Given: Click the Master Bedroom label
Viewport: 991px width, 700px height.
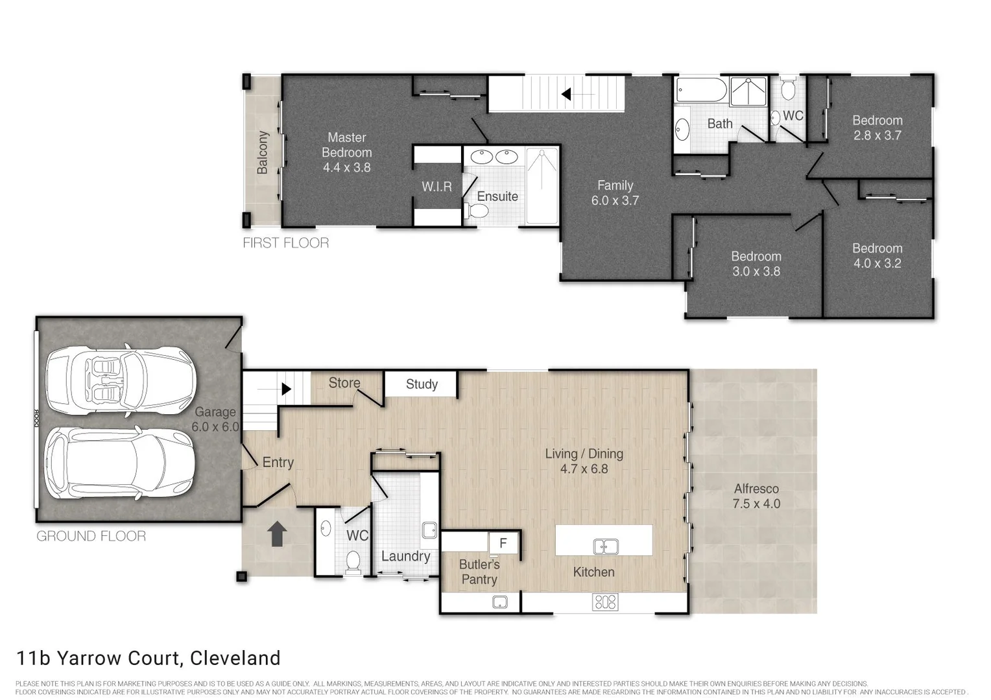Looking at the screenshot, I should [x=346, y=152].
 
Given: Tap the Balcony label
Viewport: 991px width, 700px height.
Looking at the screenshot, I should [x=263, y=152].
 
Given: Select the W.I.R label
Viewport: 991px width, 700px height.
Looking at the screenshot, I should [x=436, y=187].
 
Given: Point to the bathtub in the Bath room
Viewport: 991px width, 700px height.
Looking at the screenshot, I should [x=701, y=91].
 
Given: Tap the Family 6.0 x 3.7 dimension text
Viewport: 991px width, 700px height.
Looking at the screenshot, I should [x=614, y=201].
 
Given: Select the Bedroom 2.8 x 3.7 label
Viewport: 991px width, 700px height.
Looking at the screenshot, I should [x=877, y=128].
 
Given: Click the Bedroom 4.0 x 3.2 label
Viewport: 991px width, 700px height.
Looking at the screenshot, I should [x=877, y=256].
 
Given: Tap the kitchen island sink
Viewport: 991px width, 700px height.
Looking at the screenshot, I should [x=605, y=546].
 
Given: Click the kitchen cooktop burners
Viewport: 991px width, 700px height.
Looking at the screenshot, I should [x=604, y=602].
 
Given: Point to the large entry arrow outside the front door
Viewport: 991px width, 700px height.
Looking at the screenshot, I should [x=277, y=534].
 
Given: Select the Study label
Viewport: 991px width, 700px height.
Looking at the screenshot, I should [x=422, y=384].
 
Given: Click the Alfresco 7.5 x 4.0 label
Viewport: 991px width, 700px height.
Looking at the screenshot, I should [x=756, y=496].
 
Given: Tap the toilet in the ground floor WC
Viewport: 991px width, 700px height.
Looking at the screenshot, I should [x=353, y=562].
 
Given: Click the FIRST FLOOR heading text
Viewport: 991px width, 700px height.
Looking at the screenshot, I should [x=285, y=243].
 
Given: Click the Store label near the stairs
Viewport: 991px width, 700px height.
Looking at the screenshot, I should [x=344, y=383].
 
